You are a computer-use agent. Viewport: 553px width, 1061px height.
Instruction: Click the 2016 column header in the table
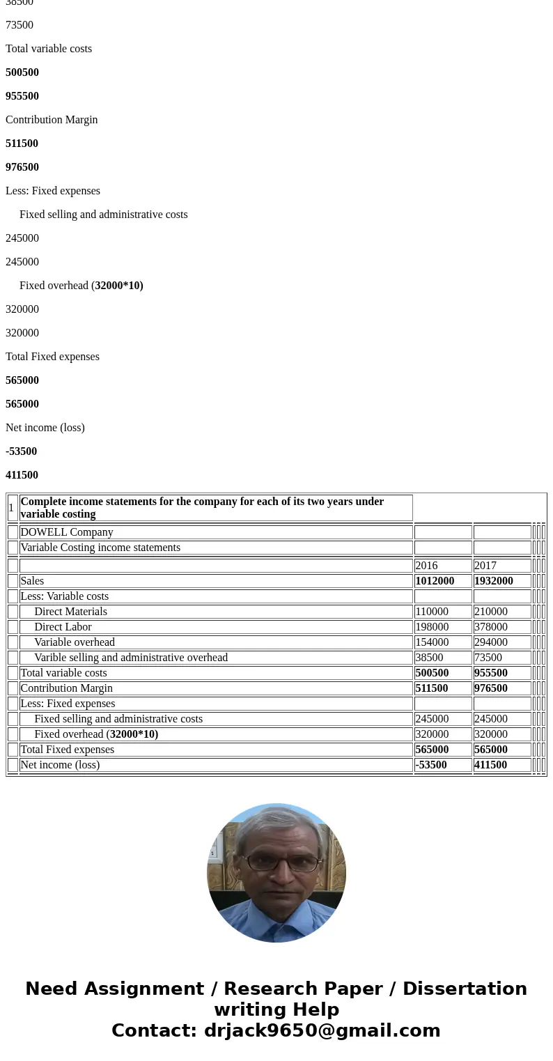(x=426, y=566)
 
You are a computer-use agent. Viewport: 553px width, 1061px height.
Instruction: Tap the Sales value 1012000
(x=435, y=581)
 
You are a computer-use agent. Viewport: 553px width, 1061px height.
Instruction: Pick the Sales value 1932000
(x=494, y=581)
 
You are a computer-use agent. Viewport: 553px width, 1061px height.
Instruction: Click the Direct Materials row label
(x=70, y=612)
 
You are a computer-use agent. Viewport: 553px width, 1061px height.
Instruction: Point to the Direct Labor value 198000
(x=432, y=627)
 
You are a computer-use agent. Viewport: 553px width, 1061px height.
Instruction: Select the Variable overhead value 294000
(x=491, y=642)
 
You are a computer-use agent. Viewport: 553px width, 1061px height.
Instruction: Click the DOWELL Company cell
(x=67, y=532)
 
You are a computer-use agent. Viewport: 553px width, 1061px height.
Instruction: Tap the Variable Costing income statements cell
(x=100, y=548)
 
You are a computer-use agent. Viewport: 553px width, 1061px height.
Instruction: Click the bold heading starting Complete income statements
(x=202, y=508)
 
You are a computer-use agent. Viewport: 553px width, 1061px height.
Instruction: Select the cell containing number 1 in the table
(x=12, y=508)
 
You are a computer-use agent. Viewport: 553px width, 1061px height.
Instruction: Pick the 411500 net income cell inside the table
(x=491, y=765)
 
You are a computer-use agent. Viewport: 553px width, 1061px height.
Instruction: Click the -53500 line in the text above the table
(x=22, y=451)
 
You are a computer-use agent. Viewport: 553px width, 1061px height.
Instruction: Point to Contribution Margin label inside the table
(x=67, y=688)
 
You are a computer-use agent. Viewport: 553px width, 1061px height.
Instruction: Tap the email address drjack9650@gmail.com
(x=322, y=1030)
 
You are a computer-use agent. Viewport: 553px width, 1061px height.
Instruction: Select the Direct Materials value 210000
(x=491, y=612)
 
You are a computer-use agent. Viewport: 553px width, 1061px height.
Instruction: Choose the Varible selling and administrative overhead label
(x=131, y=658)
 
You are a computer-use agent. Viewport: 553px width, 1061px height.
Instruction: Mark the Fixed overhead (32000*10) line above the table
(x=81, y=286)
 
